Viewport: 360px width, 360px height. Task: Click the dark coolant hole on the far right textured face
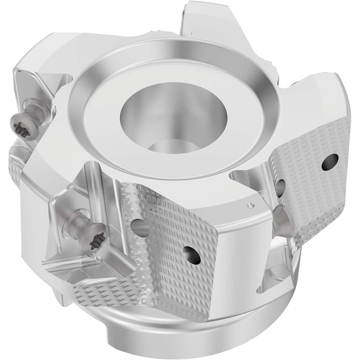(x=330, y=162)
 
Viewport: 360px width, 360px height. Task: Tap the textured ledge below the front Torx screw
(x=104, y=288)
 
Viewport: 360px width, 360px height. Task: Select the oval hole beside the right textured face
(x=280, y=187)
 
